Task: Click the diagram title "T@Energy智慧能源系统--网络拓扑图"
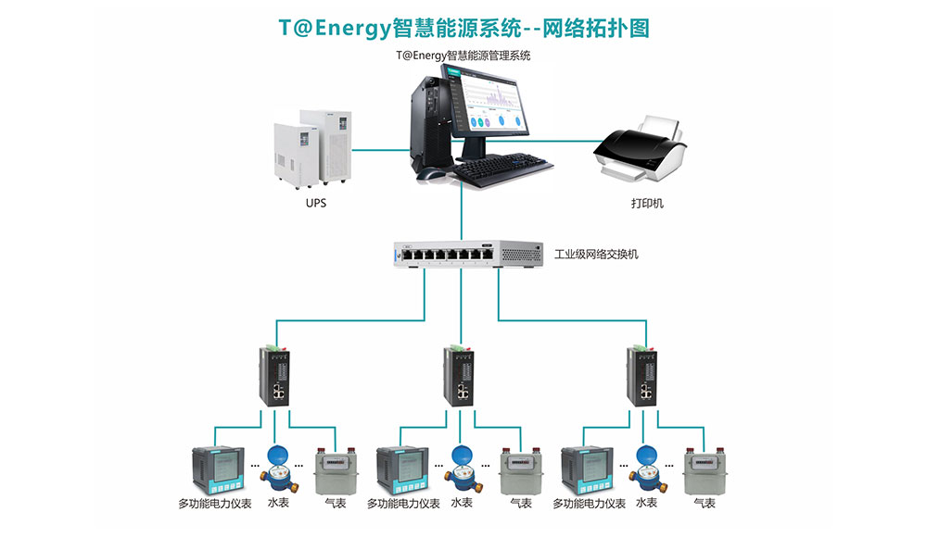point(463,28)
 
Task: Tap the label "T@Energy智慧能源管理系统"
point(463,55)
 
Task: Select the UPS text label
point(316,203)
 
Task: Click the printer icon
point(641,148)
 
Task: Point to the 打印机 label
point(641,203)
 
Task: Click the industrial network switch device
point(467,254)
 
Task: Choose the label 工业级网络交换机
point(596,254)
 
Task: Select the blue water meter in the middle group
point(461,468)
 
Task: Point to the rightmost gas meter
point(703,471)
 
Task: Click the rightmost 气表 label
point(705,504)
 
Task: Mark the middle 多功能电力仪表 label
point(403,504)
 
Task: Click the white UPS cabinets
point(315,149)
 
